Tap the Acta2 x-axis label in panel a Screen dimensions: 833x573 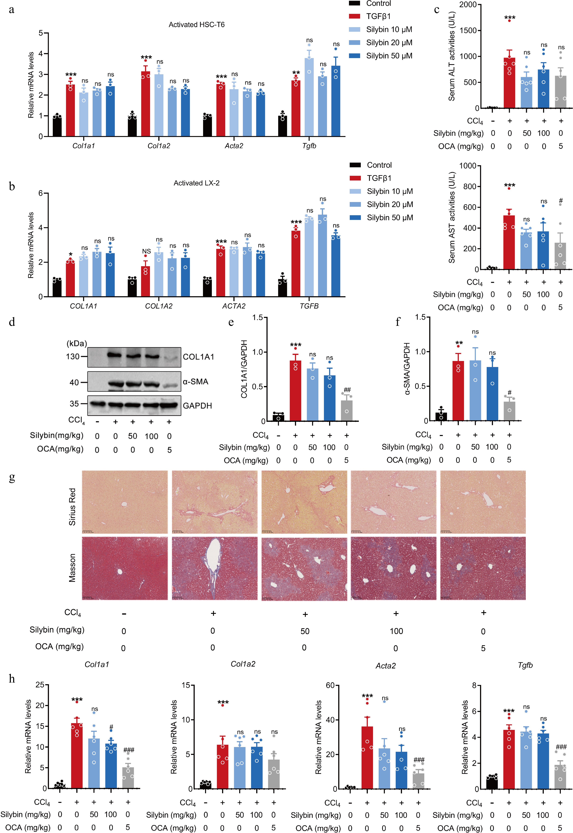tap(234, 146)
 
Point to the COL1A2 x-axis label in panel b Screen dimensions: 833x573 tap(159, 306)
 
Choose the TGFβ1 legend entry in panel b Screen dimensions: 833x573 tap(379, 178)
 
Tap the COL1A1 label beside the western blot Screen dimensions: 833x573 tap(198, 357)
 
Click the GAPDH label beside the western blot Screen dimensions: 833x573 tap(198, 406)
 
